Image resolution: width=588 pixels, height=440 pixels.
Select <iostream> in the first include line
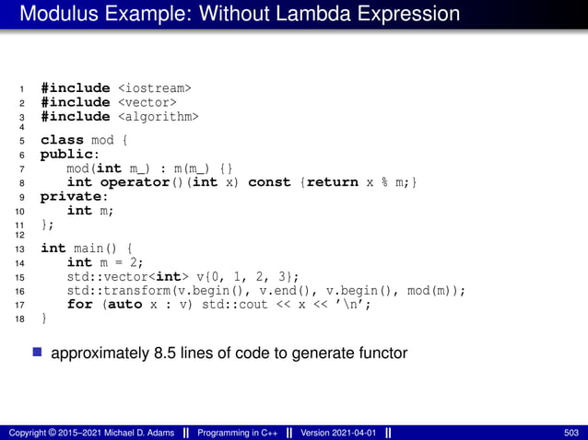pos(155,88)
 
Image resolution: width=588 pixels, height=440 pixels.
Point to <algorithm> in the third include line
pos(159,117)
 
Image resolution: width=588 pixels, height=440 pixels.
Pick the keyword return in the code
pos(337,182)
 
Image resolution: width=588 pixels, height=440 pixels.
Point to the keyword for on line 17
pos(79,304)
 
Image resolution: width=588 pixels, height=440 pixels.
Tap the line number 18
pos(21,318)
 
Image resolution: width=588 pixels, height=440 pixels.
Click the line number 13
pos(21,249)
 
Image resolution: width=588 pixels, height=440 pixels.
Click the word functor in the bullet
pos(382,353)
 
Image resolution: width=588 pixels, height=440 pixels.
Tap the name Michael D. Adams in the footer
pos(124,433)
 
